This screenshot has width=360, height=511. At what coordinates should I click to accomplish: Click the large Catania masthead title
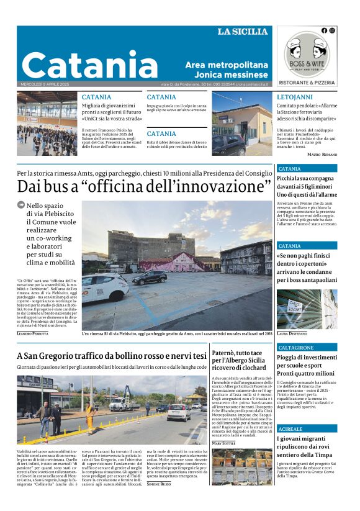pos(90,64)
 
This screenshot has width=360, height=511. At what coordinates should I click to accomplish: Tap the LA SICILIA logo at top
pos(242,32)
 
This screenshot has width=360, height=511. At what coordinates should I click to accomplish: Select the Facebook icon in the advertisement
pos(324,30)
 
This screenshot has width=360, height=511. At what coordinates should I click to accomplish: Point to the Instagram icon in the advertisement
pos(332,30)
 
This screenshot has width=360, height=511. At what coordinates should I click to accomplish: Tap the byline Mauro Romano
pos(322,153)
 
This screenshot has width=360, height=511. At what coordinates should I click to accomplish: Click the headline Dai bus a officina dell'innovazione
pos(144,186)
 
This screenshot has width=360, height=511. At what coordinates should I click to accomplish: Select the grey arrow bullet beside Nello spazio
pos(21,204)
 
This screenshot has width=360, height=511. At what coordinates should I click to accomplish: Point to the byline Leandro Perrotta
pos(32,334)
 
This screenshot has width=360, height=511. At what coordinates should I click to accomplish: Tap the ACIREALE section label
pos(290,428)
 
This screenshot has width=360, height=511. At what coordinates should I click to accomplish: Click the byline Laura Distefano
pos(292,333)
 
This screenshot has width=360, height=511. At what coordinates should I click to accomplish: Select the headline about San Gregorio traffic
pos(112,356)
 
